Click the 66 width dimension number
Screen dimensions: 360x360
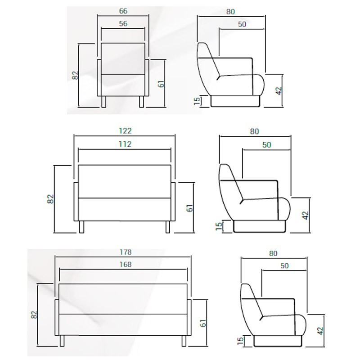pyautogui.click(x=123, y=11)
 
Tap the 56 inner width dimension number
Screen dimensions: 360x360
pyautogui.click(x=123, y=24)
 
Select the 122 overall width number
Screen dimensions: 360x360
pyautogui.click(x=125, y=130)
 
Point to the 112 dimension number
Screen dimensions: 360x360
pyautogui.click(x=125, y=144)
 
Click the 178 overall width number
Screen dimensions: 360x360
pyautogui.click(x=126, y=252)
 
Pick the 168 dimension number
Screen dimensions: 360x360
pyautogui.click(x=126, y=265)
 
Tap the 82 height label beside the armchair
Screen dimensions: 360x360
pyautogui.click(x=75, y=75)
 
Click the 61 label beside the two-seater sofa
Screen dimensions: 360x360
pyautogui.click(x=190, y=208)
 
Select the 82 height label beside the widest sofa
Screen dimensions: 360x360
pyautogui.click(x=34, y=315)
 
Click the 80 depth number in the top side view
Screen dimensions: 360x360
pyautogui.click(x=230, y=12)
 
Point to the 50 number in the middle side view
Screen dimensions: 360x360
pyautogui.click(x=266, y=144)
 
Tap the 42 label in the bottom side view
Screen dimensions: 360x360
pyautogui.click(x=320, y=331)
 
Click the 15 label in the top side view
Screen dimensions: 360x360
pyautogui.click(x=197, y=101)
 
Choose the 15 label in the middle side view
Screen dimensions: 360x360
pyautogui.click(x=219, y=226)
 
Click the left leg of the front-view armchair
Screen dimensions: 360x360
pyautogui.click(x=104, y=102)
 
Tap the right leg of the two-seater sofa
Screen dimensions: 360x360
pyautogui.click(x=168, y=227)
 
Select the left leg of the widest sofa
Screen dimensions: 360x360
pyautogui.click(x=62, y=341)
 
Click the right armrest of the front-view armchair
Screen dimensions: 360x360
pyautogui.click(x=147, y=78)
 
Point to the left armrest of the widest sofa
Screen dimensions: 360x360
pyautogui.click(x=57, y=317)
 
